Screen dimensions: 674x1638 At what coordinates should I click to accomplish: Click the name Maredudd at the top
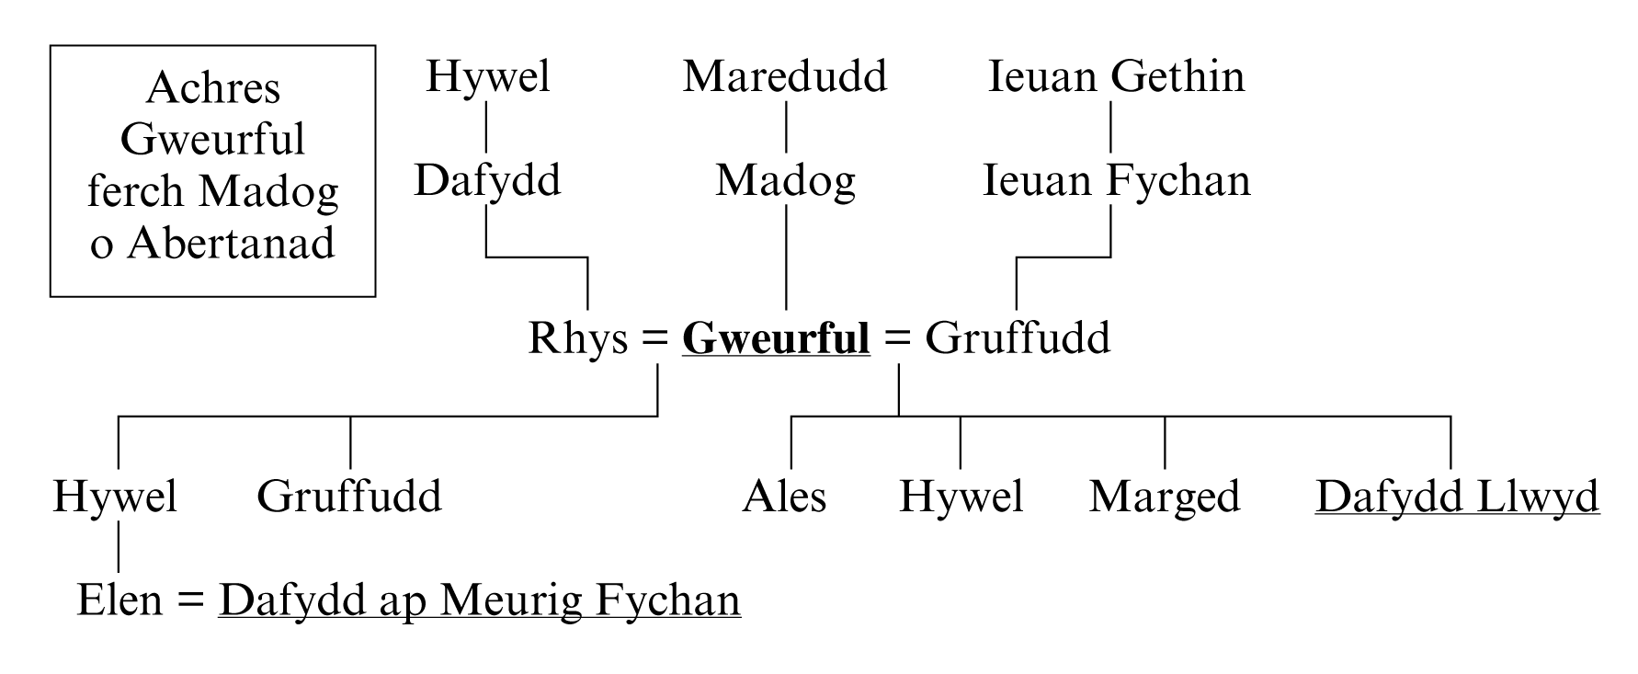[785, 76]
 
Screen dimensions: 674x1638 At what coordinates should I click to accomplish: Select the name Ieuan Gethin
[1116, 76]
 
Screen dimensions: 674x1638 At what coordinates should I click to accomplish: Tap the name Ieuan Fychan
[1116, 180]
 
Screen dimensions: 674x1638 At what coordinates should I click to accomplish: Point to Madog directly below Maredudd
[785, 180]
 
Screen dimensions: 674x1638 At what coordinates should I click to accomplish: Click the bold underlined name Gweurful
[776, 338]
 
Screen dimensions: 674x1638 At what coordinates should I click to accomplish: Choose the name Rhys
[578, 338]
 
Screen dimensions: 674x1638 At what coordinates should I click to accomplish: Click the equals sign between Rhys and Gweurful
[654, 338]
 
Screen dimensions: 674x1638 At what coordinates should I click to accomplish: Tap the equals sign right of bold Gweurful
[897, 338]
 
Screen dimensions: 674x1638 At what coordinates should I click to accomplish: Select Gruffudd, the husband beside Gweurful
[1018, 338]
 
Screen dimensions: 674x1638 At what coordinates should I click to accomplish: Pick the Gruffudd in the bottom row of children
[349, 497]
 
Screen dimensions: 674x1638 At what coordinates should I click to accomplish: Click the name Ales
[784, 497]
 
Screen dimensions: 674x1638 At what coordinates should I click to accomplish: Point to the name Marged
[1165, 497]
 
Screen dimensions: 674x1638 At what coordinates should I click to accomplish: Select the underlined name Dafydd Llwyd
[1457, 497]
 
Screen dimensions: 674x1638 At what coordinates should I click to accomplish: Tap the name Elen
[119, 600]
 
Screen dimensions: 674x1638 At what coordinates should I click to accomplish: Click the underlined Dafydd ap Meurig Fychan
[479, 600]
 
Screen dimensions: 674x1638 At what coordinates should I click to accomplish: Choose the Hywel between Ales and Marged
[961, 497]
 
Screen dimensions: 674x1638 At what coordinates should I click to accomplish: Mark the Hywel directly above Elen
[115, 497]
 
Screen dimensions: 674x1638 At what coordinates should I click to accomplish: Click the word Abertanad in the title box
[231, 244]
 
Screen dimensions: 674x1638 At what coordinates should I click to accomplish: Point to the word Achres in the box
[212, 88]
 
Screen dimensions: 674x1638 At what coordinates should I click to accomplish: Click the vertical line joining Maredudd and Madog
[786, 127]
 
